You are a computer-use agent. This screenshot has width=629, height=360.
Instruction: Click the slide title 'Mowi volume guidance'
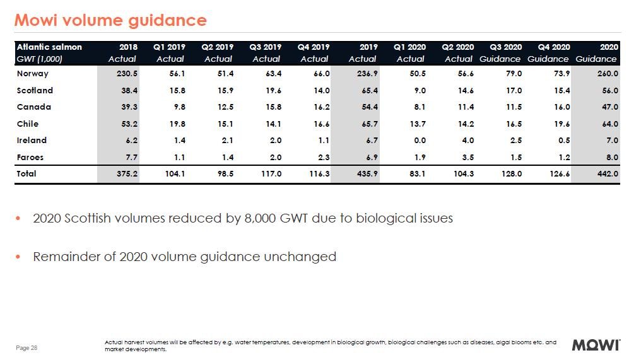pos(110,20)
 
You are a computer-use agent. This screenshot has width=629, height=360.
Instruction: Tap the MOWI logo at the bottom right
pos(596,345)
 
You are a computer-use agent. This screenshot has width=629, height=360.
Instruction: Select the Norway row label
pos(32,74)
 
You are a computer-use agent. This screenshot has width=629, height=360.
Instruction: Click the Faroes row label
pos(30,157)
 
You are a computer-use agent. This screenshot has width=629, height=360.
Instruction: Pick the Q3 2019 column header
pos(266,47)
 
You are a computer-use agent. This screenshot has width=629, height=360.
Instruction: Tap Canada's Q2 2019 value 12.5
pos(224,107)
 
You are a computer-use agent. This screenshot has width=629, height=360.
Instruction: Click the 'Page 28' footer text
pos(26,347)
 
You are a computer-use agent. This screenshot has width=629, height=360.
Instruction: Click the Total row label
pos(26,174)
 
